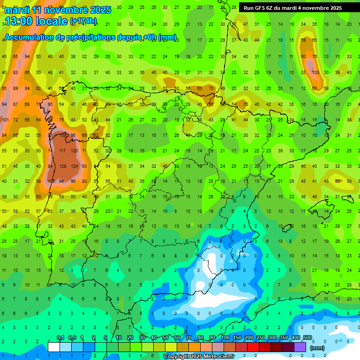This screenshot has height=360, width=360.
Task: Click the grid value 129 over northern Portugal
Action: tap(63, 166)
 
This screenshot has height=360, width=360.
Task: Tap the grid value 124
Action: tap(74, 166)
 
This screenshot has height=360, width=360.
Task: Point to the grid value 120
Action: tap(74, 151)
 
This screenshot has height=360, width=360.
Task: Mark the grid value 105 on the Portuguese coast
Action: tap(52, 181)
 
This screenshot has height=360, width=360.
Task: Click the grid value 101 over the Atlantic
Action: tap(5, 120)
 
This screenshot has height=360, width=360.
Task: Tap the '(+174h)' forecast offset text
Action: tap(83, 21)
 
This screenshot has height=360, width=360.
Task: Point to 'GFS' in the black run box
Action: tap(261, 8)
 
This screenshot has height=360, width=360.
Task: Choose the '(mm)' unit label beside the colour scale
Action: tap(317, 348)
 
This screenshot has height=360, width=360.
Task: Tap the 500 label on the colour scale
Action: tap(307, 338)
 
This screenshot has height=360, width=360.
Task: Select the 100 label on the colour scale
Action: tap(225, 338)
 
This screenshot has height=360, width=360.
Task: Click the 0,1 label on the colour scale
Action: tap(60, 338)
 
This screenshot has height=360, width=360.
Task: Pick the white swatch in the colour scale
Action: tap(54, 347)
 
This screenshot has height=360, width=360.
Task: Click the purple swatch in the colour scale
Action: tap(300, 347)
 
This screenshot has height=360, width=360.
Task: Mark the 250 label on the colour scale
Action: tap(261, 338)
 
